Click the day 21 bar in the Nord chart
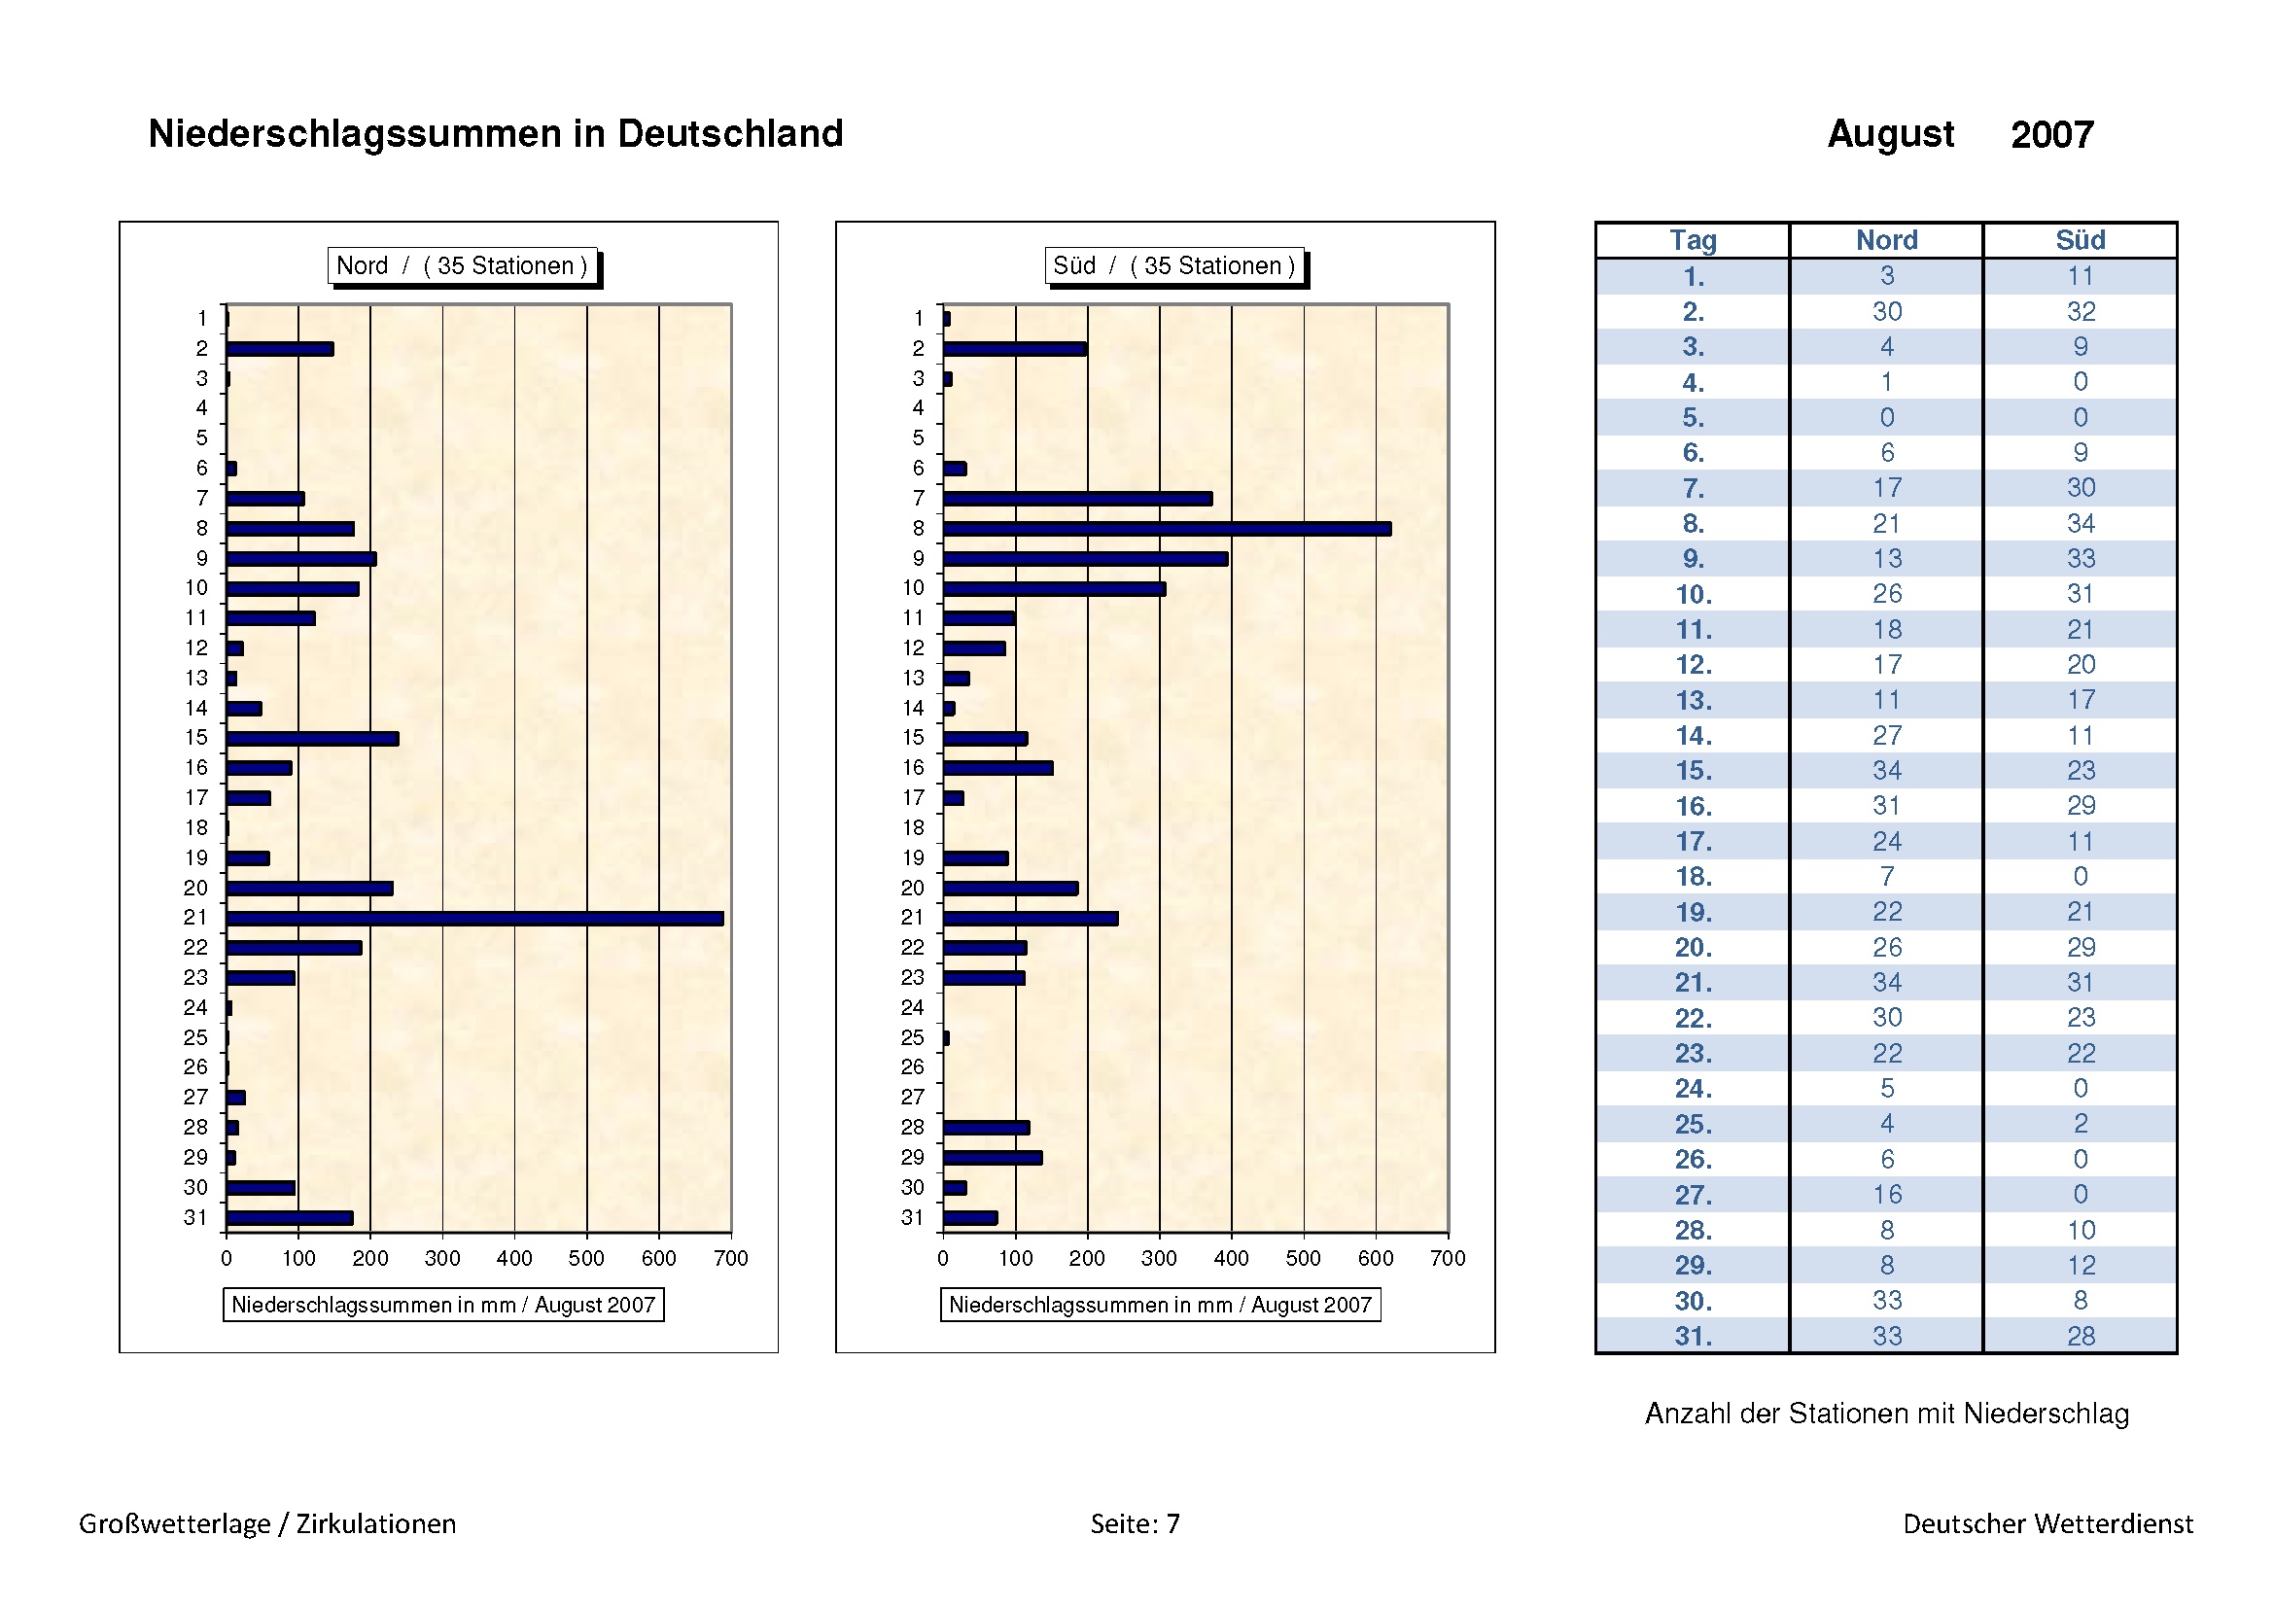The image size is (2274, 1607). click(x=474, y=918)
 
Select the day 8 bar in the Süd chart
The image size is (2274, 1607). click(x=1166, y=529)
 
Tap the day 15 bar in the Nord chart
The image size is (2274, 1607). click(x=312, y=739)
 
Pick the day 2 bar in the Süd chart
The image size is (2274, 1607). click(x=1014, y=349)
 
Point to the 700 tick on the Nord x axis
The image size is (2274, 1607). click(x=731, y=1257)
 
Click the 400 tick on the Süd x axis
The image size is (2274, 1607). click(x=1231, y=1257)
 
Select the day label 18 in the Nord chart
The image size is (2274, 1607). click(x=196, y=827)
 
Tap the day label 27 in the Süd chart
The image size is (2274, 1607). click(x=912, y=1097)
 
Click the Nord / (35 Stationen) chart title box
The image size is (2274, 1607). click(x=463, y=265)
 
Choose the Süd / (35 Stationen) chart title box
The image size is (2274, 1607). click(x=1173, y=265)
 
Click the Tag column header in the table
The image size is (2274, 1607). click(x=1693, y=240)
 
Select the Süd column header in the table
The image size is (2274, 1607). click(x=2080, y=240)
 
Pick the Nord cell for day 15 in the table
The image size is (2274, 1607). click(x=1887, y=770)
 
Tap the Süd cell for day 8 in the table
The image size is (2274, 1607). click(x=2080, y=523)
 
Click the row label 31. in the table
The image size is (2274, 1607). click(x=1693, y=1336)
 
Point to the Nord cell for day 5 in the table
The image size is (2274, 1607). click(x=1887, y=417)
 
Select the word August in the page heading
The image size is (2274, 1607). click(x=1890, y=133)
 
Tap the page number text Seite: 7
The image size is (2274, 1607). click(x=1135, y=1522)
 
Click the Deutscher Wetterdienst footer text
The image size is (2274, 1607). click(x=2047, y=1522)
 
